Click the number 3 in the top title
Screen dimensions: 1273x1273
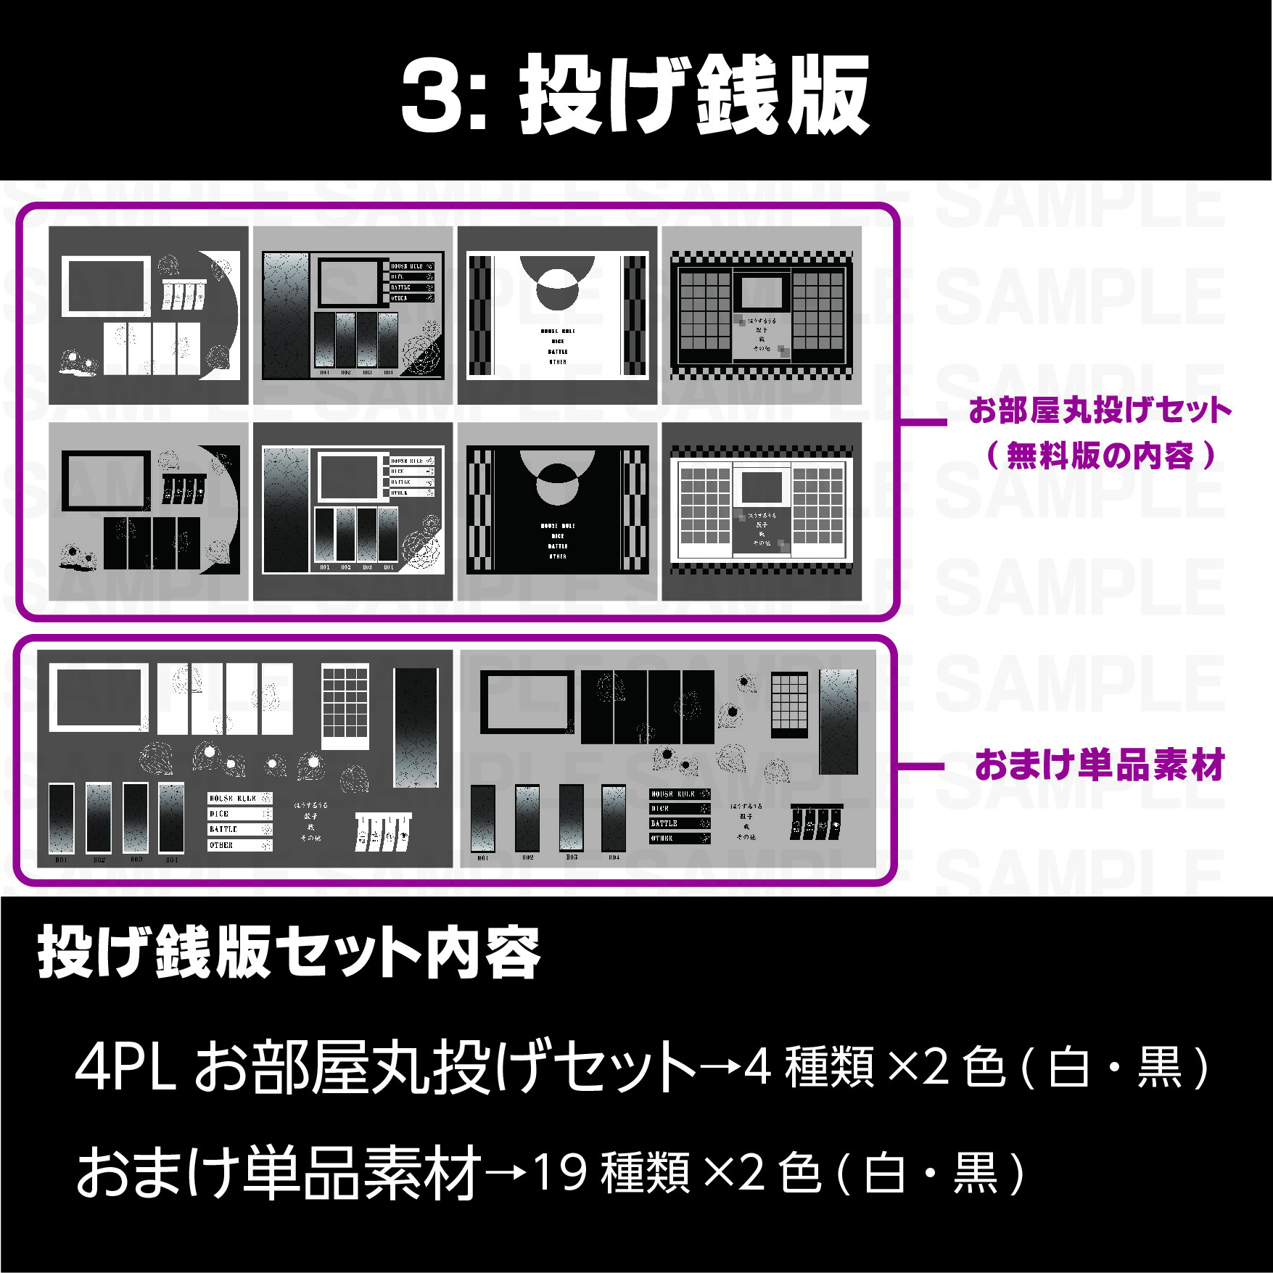pos(434,96)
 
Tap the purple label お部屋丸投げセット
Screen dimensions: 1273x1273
pos(1100,411)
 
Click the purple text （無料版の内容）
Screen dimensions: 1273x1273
pos(1100,456)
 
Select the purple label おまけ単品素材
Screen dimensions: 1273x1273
pos(1100,765)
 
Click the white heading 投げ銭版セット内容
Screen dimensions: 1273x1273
pos(289,952)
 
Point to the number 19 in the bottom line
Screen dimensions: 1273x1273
pos(559,1173)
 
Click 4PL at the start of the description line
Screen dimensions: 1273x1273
pos(125,1068)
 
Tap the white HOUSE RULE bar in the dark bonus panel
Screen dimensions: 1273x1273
pos(240,799)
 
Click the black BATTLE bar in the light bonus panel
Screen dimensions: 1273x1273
pos(680,824)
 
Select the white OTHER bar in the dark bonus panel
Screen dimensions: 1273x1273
pos(240,846)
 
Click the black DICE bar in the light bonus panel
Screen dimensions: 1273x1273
pos(680,809)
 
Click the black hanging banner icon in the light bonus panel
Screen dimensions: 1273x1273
pos(816,823)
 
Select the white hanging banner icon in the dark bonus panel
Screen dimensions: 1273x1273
pos(383,831)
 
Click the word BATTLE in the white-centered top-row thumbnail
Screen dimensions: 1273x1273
pos(558,352)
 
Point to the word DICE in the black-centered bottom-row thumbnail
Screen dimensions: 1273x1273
pos(558,536)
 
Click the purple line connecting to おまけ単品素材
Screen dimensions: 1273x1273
pos(921,766)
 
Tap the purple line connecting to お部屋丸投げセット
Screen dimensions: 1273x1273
pos(923,421)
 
